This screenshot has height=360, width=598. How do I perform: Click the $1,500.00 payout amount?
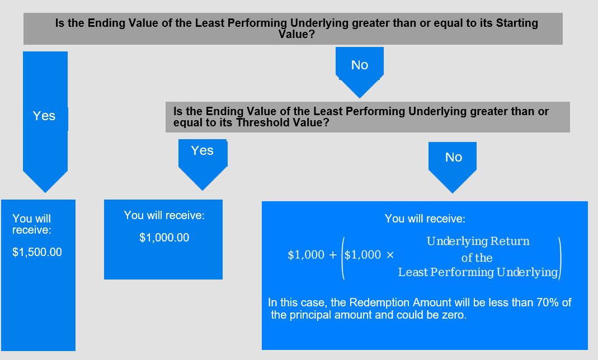37,252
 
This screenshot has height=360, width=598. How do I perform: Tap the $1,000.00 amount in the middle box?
164,238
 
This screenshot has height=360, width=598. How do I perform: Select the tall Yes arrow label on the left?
44,116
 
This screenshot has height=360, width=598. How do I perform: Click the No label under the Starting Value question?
360,65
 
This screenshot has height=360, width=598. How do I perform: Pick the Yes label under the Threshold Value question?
202,150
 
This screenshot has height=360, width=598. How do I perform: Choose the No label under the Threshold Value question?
454,157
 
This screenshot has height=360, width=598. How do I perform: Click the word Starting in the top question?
517,23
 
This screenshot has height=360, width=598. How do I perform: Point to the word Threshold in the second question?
263,122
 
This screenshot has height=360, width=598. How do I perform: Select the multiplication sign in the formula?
390,255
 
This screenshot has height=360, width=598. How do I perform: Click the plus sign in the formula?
332,255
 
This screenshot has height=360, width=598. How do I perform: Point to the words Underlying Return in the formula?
478,241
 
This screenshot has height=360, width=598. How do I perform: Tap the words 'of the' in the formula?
477,258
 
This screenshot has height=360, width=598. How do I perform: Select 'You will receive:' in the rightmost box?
425,219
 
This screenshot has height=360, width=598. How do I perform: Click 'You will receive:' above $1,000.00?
164,216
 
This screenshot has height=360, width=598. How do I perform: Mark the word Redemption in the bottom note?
381,302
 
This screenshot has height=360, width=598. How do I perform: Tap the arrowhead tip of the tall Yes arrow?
45,192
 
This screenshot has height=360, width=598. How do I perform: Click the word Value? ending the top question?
296,34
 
